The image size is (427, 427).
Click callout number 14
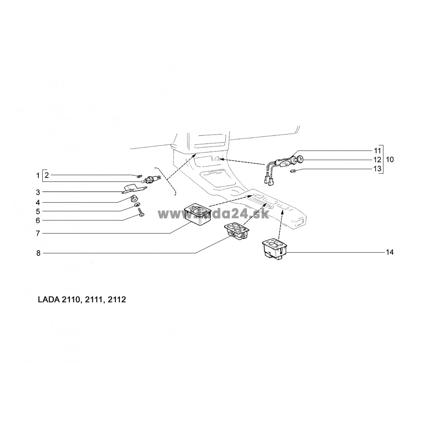[389, 252]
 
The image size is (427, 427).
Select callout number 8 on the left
[38, 253]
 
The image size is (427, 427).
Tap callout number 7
[38, 234]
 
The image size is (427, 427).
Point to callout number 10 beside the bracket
[389, 159]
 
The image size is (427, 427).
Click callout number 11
[377, 151]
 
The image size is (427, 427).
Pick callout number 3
[38, 192]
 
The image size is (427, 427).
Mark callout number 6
[38, 220]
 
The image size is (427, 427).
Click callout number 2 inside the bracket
[47, 175]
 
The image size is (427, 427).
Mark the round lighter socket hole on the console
[217, 160]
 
